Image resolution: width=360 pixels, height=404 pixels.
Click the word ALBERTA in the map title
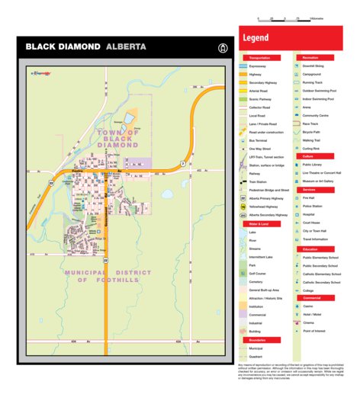tap(126, 46)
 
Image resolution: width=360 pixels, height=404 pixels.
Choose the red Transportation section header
tap(261, 58)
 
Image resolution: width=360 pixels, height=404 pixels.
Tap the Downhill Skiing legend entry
tap(313, 66)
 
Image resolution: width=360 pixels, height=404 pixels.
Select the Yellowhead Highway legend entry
tap(263, 207)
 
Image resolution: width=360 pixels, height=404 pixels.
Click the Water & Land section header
tap(260, 224)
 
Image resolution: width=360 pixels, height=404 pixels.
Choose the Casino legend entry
tap(308, 306)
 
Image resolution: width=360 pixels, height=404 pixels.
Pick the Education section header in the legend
tap(310, 248)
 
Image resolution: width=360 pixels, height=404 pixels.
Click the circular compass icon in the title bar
tap(223, 47)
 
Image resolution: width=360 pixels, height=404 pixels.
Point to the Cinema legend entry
tap(308, 322)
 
